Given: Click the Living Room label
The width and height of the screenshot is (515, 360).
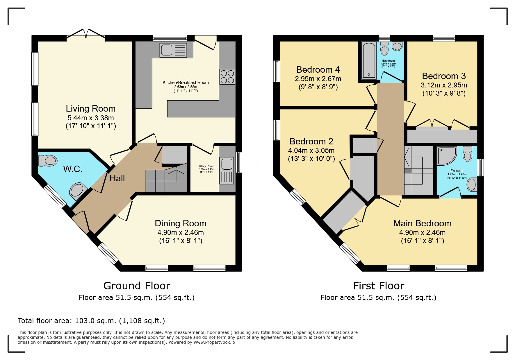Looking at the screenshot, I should point(90,108).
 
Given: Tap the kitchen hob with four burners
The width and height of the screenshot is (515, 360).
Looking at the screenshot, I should point(227,76).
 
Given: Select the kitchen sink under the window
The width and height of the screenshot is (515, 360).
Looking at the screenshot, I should point(172,50).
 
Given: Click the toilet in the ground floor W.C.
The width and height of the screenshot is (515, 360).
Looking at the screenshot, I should point(47,160).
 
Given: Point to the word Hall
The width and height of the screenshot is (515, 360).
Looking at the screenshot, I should point(117,178).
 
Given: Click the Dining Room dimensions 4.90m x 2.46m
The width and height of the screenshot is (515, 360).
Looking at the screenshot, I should point(180,232).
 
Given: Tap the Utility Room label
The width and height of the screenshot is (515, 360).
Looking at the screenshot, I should point(206,166).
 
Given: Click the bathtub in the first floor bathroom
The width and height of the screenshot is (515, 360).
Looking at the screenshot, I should point(368,60).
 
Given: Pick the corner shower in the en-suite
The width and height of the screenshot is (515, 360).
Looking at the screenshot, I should point(447,156).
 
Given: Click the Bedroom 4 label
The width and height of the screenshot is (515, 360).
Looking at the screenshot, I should point(318,70).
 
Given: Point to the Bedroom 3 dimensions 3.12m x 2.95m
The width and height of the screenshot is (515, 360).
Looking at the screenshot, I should point(444,85).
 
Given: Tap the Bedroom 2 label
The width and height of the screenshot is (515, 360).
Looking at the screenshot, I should point(311,142).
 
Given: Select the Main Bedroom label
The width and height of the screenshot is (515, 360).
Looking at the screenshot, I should point(422,223).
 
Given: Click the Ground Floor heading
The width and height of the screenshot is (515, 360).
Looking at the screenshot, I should point(136,286).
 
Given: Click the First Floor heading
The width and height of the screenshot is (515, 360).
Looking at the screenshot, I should point(378,286).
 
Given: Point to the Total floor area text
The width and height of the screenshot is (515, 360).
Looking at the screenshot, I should point(91,321).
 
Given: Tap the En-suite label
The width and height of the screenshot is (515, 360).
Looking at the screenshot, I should point(457,171).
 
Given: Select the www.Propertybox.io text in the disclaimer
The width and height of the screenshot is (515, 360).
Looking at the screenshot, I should point(214,342).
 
